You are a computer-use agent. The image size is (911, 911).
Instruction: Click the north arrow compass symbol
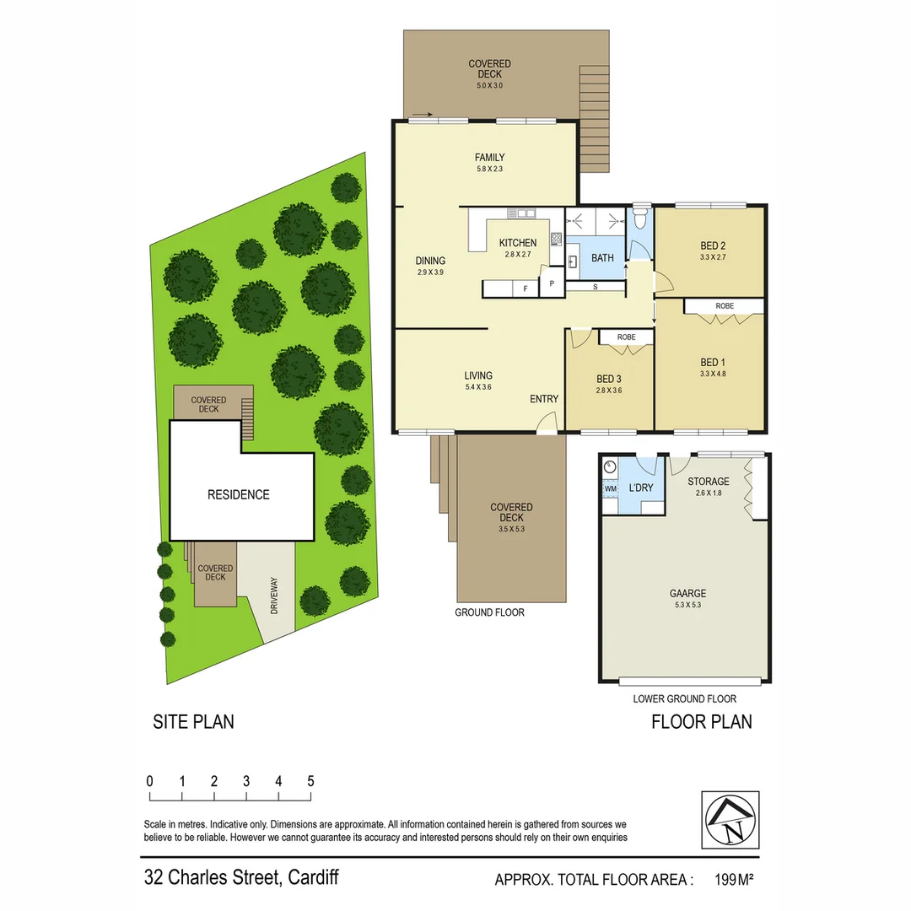730,820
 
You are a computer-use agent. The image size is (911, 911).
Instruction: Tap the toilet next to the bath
639,218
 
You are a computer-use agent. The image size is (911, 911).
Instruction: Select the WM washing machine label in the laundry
610,488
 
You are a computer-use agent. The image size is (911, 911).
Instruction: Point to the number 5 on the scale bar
310,781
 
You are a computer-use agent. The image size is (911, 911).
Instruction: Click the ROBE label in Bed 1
724,305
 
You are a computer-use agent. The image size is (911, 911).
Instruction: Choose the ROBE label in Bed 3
626,337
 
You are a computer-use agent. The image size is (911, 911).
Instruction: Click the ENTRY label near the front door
544,399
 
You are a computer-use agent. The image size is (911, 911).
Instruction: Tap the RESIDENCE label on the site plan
239,494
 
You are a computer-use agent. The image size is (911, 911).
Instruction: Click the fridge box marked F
526,289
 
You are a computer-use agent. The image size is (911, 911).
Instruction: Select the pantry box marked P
552,283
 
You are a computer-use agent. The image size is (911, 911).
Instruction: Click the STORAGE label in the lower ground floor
708,482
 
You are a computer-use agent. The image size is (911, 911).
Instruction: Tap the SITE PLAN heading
193,722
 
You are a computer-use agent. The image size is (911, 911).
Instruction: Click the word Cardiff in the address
313,877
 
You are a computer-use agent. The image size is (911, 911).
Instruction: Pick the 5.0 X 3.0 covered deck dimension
489,85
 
